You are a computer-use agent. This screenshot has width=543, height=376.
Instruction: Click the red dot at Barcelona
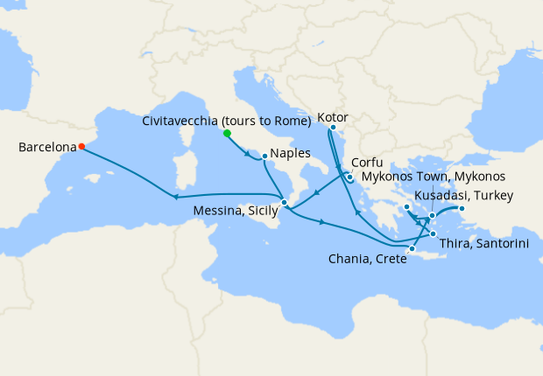81,147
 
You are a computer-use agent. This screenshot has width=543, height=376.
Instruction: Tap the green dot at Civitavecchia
227,134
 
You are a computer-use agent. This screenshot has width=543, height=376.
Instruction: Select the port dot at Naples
264,157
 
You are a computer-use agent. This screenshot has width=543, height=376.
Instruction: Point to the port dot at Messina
284,203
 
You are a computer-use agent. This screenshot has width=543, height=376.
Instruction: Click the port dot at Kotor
333,128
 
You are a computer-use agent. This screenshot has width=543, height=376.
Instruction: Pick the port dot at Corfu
349,178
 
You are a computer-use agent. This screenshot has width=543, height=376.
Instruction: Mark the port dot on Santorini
433,234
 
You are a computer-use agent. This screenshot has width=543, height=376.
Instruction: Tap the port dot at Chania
412,249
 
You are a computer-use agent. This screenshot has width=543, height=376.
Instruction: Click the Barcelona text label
46,148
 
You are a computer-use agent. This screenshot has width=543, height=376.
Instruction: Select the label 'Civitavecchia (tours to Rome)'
226,121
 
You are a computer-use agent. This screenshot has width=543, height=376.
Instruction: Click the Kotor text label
334,115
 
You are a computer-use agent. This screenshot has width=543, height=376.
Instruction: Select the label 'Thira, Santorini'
483,244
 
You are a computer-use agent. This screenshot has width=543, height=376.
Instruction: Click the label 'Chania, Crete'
366,259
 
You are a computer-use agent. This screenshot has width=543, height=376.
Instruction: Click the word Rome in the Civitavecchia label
292,121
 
